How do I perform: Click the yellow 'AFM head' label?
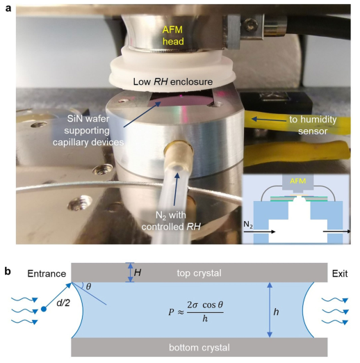[173, 35]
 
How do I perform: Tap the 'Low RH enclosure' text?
[173, 81]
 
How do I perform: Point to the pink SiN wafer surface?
[181, 100]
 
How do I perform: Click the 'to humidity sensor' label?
[313, 125]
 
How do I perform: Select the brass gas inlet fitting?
[178, 152]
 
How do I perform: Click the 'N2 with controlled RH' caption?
[171, 221]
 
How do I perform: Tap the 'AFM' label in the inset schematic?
[297, 181]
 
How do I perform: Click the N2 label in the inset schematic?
[248, 225]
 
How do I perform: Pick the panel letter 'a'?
[8, 8]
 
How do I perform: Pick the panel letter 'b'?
[8, 271]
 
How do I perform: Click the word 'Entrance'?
[47, 274]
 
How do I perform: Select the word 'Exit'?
[340, 274]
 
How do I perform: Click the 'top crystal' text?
[199, 273]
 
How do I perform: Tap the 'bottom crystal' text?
[199, 348]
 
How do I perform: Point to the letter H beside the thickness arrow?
[138, 273]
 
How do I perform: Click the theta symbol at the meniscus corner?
[88, 287]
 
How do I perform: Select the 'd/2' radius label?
[63, 302]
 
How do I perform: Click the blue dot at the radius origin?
[44, 309]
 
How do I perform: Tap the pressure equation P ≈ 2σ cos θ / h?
[196, 312]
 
